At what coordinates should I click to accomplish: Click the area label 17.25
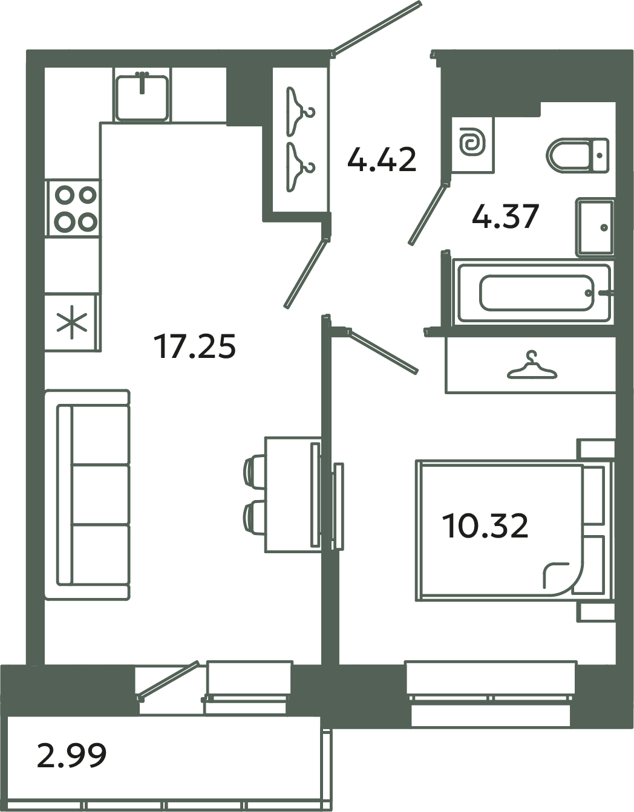pyautogui.click(x=194, y=347)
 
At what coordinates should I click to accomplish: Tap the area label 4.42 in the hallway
pyautogui.click(x=382, y=160)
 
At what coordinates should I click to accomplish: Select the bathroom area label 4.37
pyautogui.click(x=505, y=216)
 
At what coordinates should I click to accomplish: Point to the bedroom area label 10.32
pyautogui.click(x=485, y=525)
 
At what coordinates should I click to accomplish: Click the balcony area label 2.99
pyautogui.click(x=71, y=755)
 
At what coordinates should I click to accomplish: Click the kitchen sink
pyautogui.click(x=142, y=97)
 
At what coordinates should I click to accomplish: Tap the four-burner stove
pyautogui.click(x=73, y=208)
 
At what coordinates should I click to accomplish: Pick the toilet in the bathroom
pyautogui.click(x=578, y=155)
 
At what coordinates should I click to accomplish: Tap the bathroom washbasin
pyautogui.click(x=595, y=227)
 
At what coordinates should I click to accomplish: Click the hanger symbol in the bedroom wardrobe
pyautogui.click(x=531, y=367)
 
